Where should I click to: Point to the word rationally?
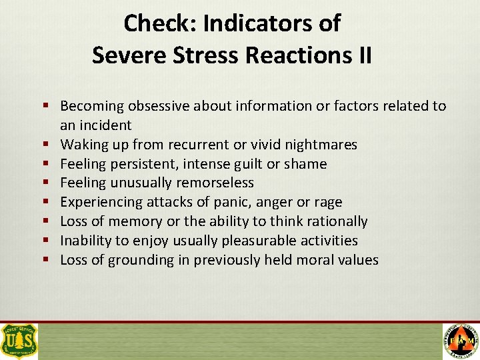(335, 221)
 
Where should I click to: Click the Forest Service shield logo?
(20, 341)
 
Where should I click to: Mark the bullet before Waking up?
(50, 145)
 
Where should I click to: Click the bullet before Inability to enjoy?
(50, 241)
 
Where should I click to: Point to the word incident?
(105, 125)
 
